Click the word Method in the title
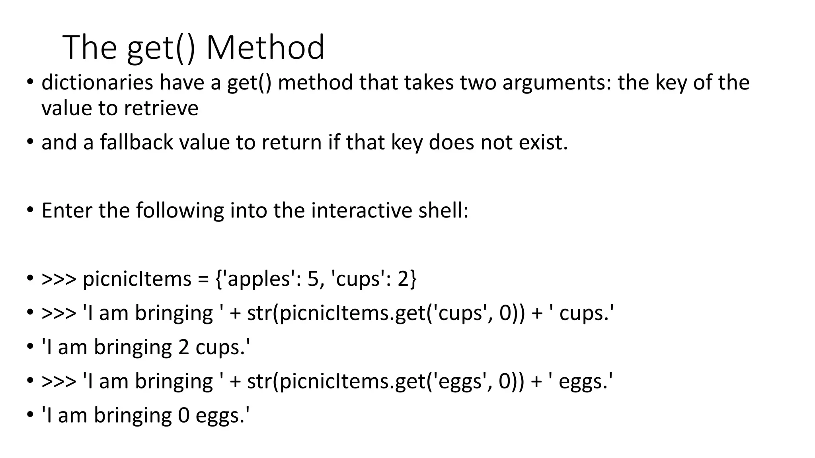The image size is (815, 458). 265,48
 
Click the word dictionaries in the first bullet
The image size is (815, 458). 97,83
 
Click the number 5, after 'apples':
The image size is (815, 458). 314,279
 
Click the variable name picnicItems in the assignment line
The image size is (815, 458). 137,279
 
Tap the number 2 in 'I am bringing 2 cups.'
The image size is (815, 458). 183,347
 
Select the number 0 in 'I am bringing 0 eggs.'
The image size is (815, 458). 183,415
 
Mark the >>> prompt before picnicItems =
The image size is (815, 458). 58,279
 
